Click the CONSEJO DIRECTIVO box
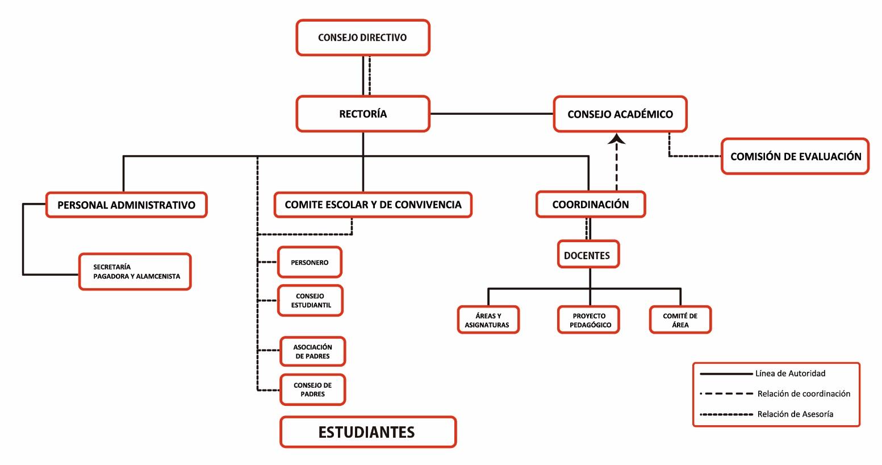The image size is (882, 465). click(x=362, y=38)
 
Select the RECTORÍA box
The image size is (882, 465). click(x=362, y=114)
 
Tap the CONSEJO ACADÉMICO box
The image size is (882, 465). click(x=620, y=114)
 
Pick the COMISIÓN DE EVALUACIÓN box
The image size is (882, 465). click(x=795, y=156)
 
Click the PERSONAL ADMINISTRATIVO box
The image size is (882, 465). click(x=126, y=205)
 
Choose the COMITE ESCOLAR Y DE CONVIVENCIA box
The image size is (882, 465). click(x=373, y=205)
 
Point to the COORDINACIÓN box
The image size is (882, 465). click(x=591, y=205)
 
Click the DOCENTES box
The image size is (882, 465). click(x=587, y=255)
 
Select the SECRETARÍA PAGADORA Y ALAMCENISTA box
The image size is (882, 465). click(x=135, y=272)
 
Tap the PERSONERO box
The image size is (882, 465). click(x=310, y=262)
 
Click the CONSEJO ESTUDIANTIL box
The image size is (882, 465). click(x=311, y=300)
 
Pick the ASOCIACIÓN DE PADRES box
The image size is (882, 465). click(x=312, y=351)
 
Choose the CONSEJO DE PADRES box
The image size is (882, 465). click(x=312, y=389)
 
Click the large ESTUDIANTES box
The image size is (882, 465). click(x=367, y=432)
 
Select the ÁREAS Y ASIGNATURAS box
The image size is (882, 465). click(x=488, y=320)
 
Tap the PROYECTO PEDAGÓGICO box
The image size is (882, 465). click(x=588, y=320)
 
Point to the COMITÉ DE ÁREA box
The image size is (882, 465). click(x=680, y=320)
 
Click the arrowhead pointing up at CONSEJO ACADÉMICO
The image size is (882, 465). click(x=617, y=138)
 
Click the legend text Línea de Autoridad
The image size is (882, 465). click(x=790, y=373)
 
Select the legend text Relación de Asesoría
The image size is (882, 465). click(x=795, y=414)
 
